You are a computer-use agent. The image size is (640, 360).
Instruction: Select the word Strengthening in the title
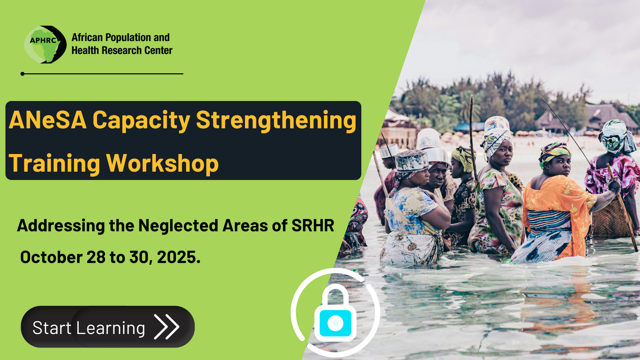tap(276, 121)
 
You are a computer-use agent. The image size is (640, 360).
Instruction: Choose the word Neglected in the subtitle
tap(179, 226)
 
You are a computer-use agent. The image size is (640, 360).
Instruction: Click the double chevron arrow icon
tap(167, 327)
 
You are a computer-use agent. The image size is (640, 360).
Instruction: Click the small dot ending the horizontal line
tap(22, 74)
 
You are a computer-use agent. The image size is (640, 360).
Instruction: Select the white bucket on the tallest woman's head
tap(497, 123)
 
